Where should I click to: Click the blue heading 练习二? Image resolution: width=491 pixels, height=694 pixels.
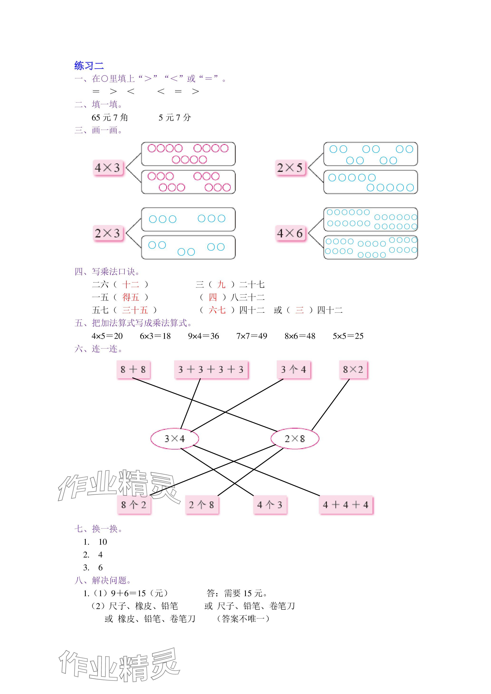89,66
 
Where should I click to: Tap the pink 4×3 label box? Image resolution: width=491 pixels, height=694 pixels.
108,168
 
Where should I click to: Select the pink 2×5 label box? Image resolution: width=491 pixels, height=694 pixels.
290,168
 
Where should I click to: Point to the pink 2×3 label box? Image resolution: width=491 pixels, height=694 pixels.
108,233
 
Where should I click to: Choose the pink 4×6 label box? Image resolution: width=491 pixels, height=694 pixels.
290,233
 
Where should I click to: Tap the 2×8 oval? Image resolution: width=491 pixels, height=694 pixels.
295,439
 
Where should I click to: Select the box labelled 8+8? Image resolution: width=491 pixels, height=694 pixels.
133,369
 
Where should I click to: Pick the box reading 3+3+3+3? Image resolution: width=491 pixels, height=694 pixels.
211,369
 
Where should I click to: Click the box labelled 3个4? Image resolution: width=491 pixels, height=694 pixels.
294,369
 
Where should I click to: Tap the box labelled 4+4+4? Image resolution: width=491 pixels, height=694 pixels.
346,505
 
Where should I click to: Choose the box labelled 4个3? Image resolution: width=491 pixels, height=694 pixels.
270,505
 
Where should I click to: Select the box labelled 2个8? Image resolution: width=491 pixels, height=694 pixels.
201,505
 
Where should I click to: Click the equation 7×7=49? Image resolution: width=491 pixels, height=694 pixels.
252,336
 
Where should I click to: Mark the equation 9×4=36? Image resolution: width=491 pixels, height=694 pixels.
204,336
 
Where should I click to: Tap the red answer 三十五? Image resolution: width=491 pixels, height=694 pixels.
135,310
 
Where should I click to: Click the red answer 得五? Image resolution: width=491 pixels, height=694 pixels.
131,297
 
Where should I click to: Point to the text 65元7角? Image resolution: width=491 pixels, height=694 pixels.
110,118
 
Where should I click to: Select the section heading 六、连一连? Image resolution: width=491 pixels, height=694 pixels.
99,349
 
